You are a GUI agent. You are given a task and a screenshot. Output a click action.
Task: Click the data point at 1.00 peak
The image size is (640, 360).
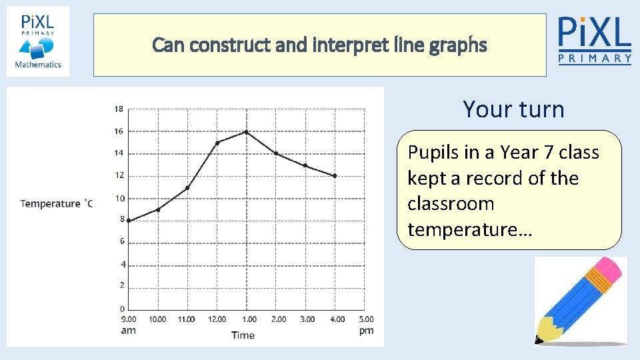[246, 132]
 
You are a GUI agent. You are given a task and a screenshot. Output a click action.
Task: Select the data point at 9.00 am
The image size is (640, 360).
[129, 221]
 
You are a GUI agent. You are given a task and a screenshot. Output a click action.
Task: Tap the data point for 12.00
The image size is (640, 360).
[217, 143]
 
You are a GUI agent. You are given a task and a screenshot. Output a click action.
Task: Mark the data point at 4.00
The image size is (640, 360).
[335, 176]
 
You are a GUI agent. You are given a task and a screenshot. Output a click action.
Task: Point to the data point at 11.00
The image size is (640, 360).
[187, 188]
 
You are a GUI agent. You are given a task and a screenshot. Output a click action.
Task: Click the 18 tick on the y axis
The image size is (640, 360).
[119, 109]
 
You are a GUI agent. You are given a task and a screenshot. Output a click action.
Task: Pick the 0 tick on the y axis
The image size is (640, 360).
[121, 309]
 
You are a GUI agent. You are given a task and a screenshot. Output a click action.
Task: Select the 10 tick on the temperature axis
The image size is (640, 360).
[119, 198]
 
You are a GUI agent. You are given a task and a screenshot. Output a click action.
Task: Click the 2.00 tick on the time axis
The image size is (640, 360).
[278, 319]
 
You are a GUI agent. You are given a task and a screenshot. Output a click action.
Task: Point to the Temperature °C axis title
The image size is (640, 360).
[56, 203]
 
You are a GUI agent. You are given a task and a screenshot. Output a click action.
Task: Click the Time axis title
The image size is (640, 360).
[243, 335]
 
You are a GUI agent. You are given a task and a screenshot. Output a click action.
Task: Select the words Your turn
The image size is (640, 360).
[513, 109]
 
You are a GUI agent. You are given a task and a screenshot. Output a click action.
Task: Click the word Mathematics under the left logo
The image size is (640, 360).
[38, 65]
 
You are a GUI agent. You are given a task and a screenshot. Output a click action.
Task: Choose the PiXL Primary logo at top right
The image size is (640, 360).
[594, 40]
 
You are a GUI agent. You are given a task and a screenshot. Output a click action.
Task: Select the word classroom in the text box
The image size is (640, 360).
[451, 203]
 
